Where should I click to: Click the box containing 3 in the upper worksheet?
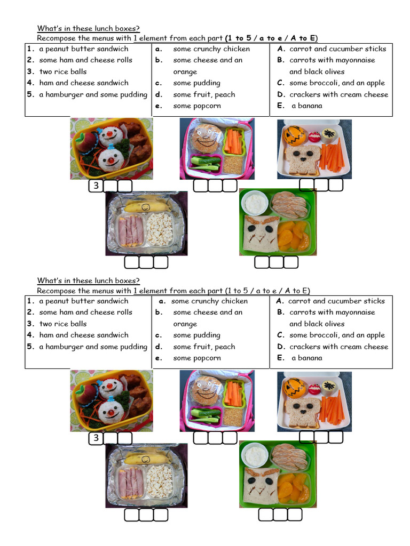click(x=96, y=186)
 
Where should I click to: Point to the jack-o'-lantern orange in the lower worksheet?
click(x=294, y=388)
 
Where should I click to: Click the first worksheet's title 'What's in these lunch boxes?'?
click(x=89, y=28)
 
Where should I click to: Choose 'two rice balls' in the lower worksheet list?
click(x=62, y=324)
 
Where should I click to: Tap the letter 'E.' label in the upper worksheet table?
click(x=281, y=106)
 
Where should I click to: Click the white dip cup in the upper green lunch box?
click(x=255, y=203)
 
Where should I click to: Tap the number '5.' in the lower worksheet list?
click(x=31, y=347)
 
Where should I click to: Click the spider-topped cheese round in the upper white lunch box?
click(x=328, y=135)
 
